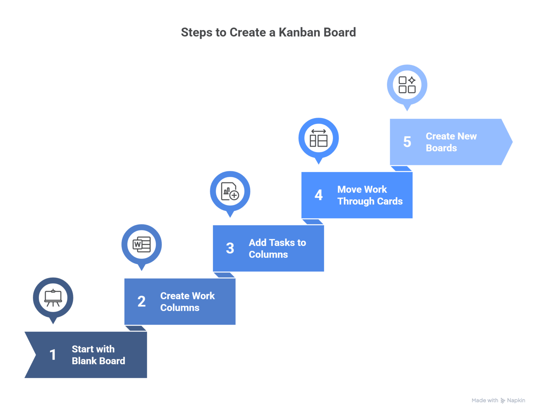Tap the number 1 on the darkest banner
click(53, 355)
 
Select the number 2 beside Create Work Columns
click(142, 302)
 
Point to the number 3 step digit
click(230, 248)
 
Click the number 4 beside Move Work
click(318, 195)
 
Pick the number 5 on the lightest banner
click(407, 142)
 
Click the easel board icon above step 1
click(53, 298)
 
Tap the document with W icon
click(142, 244)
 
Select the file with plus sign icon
click(230, 191)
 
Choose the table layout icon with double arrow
click(318, 138)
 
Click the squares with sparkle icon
click(407, 85)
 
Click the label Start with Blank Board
click(98, 355)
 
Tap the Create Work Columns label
click(187, 302)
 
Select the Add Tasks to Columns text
click(277, 248)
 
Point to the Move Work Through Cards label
click(370, 195)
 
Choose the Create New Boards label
click(451, 142)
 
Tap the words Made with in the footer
click(485, 400)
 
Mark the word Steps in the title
click(196, 32)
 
